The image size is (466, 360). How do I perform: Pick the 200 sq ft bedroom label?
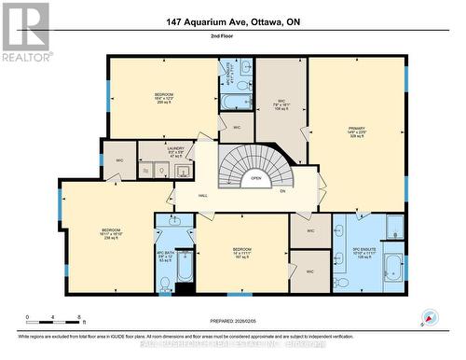[163, 99]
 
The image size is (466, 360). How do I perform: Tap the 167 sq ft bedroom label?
[241, 254]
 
